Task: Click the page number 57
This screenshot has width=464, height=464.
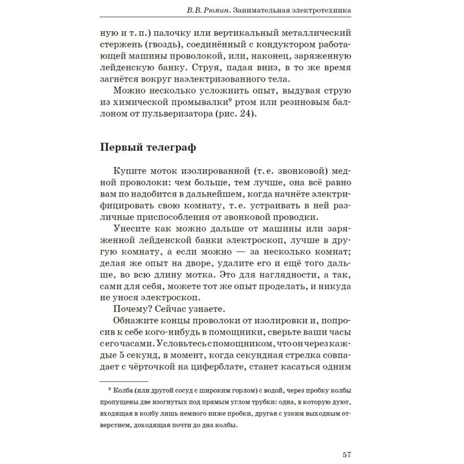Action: pos(347,453)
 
